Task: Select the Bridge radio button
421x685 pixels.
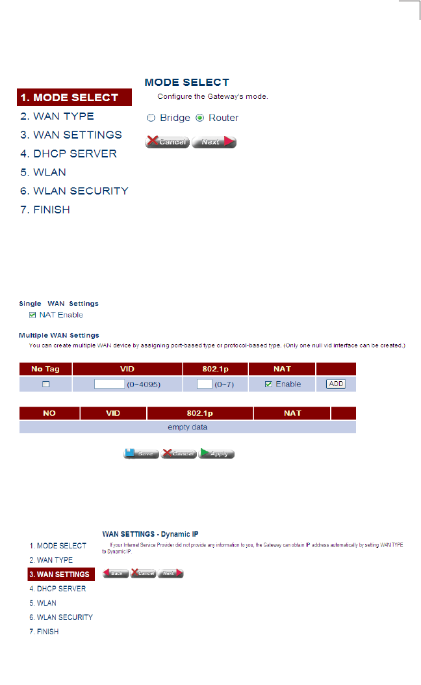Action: point(151,118)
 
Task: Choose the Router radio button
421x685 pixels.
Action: point(199,118)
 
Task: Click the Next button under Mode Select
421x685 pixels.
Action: point(214,142)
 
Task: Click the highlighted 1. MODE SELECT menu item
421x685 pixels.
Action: point(75,98)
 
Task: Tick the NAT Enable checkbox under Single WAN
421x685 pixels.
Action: point(33,316)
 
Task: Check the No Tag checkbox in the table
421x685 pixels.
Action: point(46,384)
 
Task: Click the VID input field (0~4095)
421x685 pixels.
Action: point(109,384)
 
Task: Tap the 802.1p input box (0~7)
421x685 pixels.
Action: point(204,384)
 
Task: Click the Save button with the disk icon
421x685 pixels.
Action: point(142,453)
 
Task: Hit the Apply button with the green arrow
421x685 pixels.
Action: point(216,453)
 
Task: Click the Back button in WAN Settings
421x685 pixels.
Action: point(116,574)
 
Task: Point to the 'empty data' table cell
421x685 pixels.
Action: point(188,427)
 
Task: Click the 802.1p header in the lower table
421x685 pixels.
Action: point(200,413)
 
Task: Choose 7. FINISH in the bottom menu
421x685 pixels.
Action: point(44,632)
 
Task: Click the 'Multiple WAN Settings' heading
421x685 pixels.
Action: point(59,336)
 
